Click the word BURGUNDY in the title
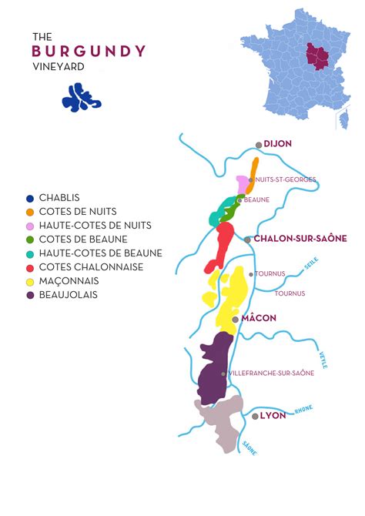click(x=89, y=51)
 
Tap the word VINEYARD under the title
click(x=59, y=66)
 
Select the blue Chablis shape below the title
click(x=81, y=96)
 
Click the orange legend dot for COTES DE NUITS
click(x=30, y=212)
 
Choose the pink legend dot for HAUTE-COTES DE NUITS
click(x=30, y=226)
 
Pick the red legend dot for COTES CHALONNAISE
click(x=30, y=267)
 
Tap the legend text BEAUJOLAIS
click(x=69, y=295)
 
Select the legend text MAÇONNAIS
click(x=69, y=281)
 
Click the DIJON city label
click(x=277, y=144)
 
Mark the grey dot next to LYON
click(x=255, y=416)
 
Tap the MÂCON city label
click(x=260, y=318)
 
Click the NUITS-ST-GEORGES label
click(x=285, y=179)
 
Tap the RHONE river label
click(x=303, y=409)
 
